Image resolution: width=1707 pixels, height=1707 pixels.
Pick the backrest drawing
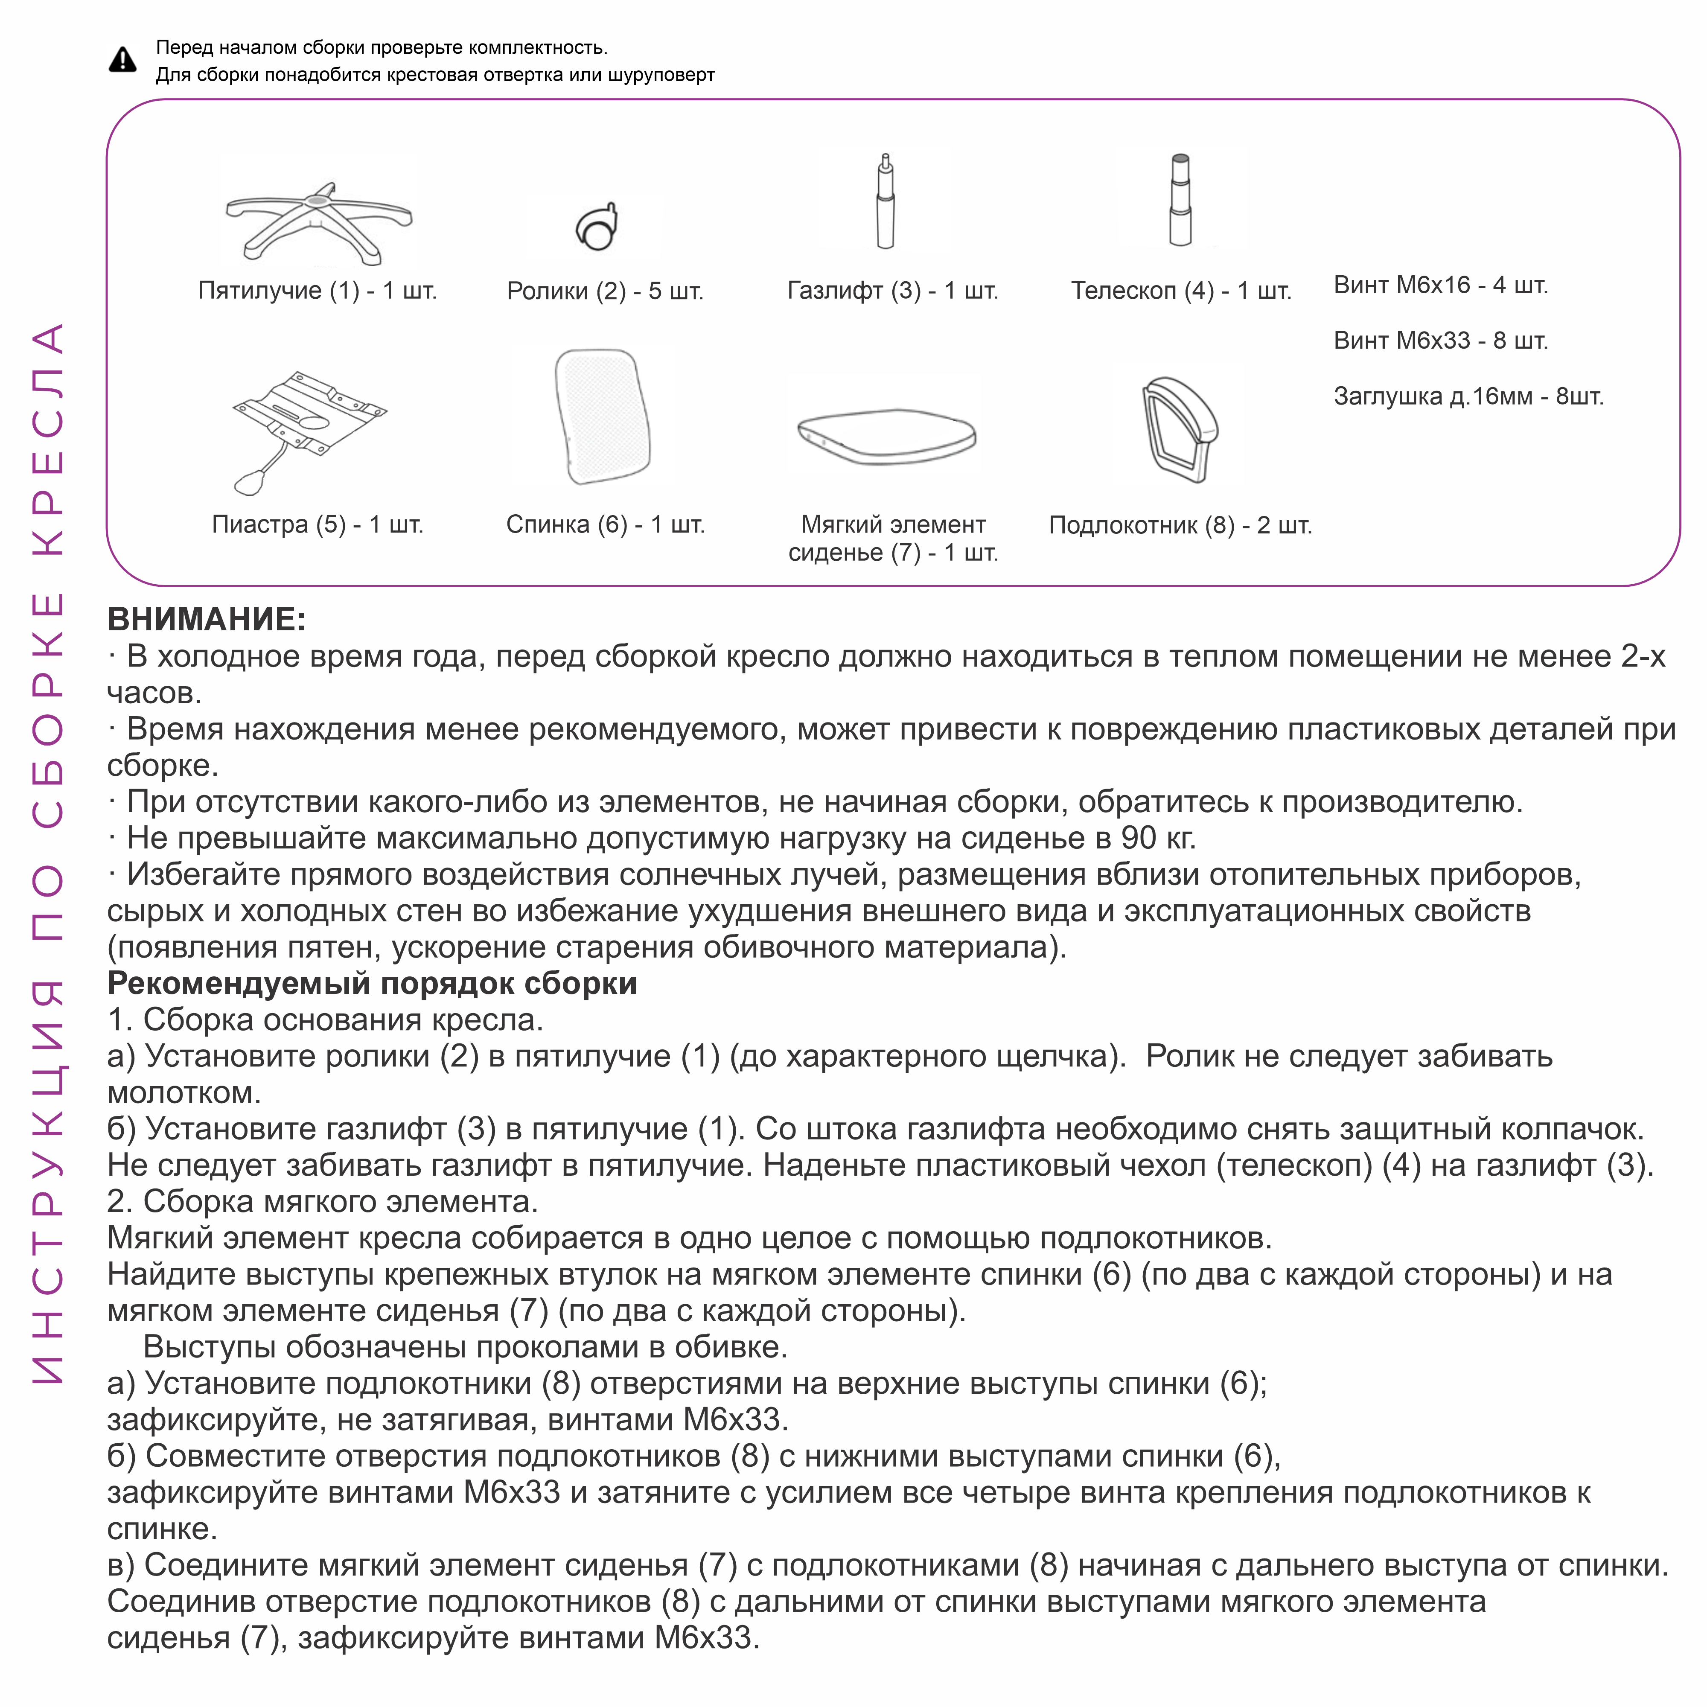[x=603, y=415]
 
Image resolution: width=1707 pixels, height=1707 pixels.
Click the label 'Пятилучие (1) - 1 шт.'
[x=317, y=291]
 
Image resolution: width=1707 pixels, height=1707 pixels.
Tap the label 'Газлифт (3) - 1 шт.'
[x=892, y=291]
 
